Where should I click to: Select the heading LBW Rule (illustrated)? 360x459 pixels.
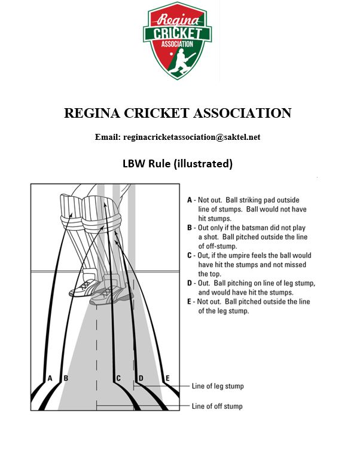pyautogui.click(x=177, y=163)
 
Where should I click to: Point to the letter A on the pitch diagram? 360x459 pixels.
pyautogui.click(x=50, y=378)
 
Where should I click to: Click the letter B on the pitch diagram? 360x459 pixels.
pyautogui.click(x=66, y=378)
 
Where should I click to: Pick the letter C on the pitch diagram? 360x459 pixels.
pyautogui.click(x=118, y=378)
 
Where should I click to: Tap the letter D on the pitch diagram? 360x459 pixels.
pyautogui.click(x=141, y=378)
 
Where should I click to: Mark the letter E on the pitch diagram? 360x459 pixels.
pyautogui.click(x=167, y=378)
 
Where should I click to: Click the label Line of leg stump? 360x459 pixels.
pyautogui.click(x=218, y=386)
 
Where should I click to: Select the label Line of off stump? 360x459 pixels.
pyautogui.click(x=217, y=406)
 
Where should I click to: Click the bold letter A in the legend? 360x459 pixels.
pyautogui.click(x=190, y=200)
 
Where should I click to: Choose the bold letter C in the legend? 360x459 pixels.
pyautogui.click(x=190, y=255)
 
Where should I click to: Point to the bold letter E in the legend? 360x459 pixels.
pyautogui.click(x=190, y=302)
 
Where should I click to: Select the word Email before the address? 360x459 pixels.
pyautogui.click(x=108, y=137)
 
